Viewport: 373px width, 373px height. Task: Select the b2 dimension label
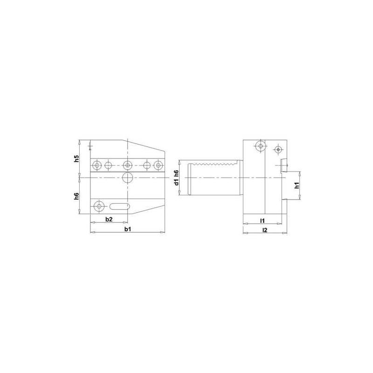click(108, 219)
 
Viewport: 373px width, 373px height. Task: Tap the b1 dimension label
click(126, 230)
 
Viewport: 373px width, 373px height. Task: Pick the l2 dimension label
click(264, 230)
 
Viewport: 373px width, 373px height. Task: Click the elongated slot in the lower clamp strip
click(119, 206)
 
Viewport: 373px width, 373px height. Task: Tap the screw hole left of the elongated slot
click(98, 206)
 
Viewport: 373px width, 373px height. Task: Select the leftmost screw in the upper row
click(97, 165)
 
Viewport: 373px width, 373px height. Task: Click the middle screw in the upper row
click(127, 165)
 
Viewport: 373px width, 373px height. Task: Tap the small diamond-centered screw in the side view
click(278, 150)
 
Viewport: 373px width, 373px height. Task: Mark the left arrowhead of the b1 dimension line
click(91, 232)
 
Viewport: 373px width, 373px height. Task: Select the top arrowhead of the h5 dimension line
click(80, 140)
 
